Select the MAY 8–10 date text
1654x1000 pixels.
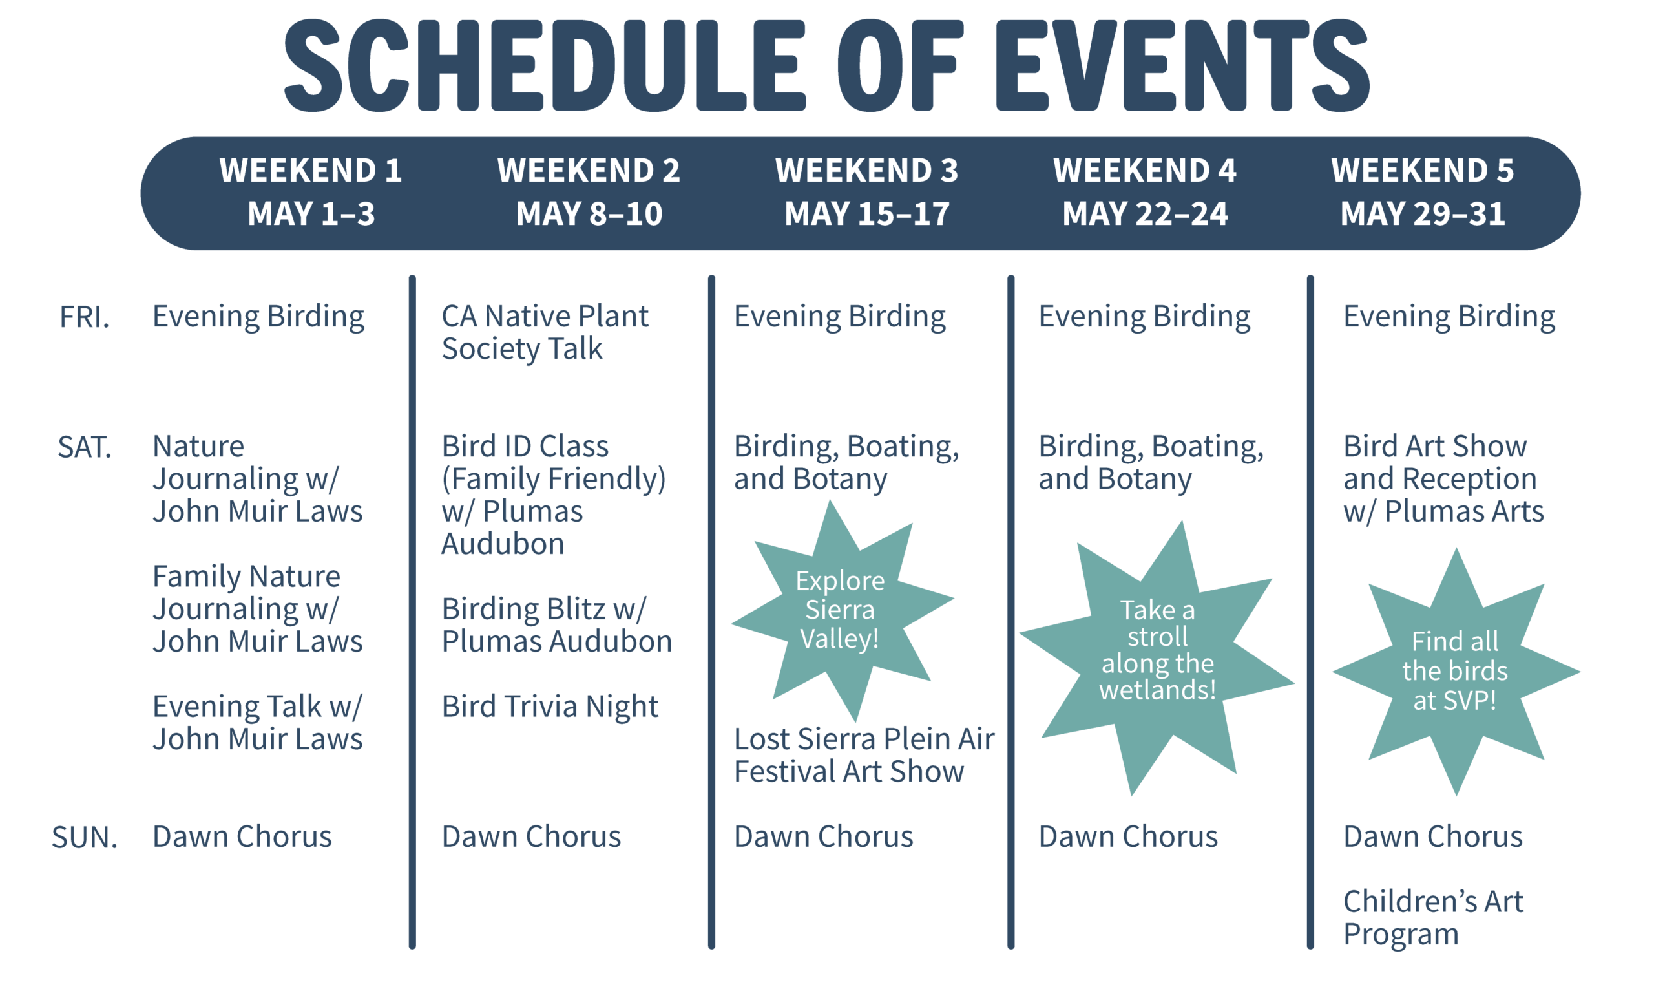tap(589, 213)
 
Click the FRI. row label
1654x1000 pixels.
tap(85, 317)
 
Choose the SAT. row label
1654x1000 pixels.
tap(85, 447)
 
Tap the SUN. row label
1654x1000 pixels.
tap(85, 838)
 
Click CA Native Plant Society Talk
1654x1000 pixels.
tap(545, 332)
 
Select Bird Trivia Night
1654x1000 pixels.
tap(550, 707)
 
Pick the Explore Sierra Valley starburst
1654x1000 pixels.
tap(841, 610)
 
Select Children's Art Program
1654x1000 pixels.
tap(1433, 917)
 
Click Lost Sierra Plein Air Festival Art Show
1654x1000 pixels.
tap(864, 755)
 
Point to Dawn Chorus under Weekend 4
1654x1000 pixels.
tap(1127, 837)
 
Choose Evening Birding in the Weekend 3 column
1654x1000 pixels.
tap(840, 317)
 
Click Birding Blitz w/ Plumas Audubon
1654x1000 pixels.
tap(556, 625)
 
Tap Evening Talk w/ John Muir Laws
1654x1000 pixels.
tap(258, 723)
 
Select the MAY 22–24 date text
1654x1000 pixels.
tap(1145, 213)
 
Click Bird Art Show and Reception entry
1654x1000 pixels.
tap(1443, 479)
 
